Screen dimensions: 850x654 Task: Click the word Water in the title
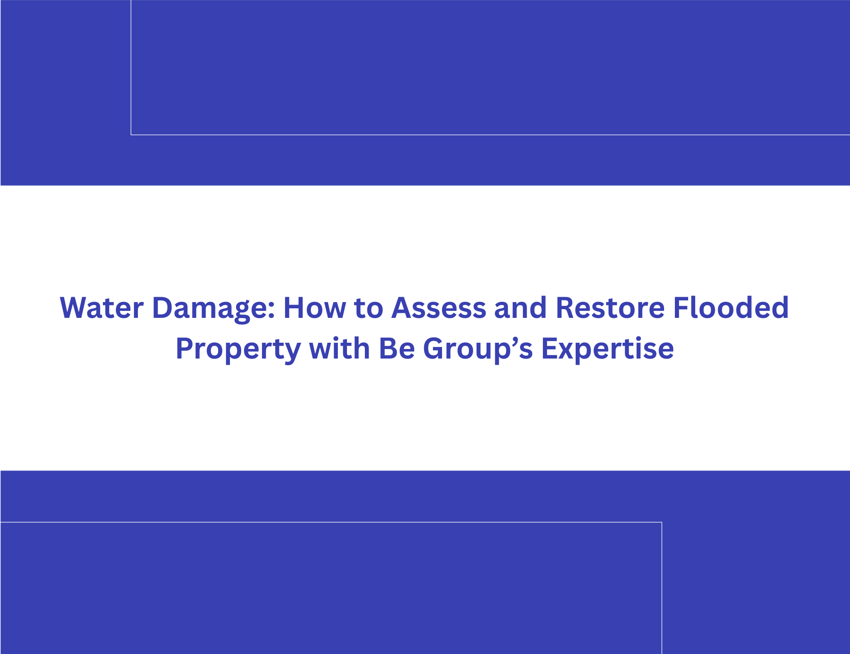[x=102, y=308]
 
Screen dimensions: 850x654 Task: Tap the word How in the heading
[x=315, y=308]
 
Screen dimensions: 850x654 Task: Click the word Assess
[x=439, y=308]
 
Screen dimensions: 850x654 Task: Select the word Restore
[x=610, y=308]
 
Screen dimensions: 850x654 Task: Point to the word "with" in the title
[x=340, y=348]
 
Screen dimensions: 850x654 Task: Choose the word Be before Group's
[x=396, y=349]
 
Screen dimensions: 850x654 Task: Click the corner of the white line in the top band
[x=131, y=135]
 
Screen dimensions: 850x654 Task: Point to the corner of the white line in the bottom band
[x=662, y=522]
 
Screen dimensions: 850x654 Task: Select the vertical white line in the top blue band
[x=131, y=67]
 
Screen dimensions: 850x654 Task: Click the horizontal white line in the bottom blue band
[x=331, y=522]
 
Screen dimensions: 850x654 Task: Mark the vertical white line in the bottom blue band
[x=662, y=588]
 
